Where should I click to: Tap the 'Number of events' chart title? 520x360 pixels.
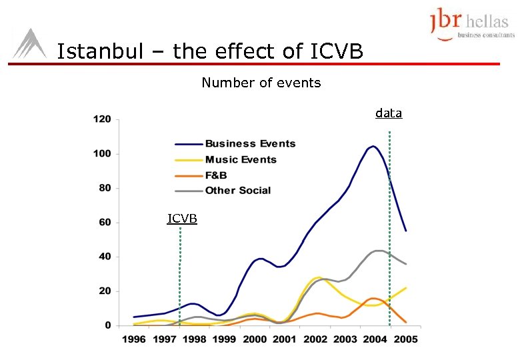click(261, 83)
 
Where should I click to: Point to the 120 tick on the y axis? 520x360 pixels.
click(101, 120)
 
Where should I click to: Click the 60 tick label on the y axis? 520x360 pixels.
click(104, 223)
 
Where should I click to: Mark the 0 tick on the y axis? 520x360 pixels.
click(107, 325)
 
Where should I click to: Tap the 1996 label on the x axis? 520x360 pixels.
click(134, 339)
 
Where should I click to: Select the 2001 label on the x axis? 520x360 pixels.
click(284, 339)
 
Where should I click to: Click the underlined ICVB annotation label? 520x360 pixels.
click(182, 218)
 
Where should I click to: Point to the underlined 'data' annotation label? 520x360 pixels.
click(389, 113)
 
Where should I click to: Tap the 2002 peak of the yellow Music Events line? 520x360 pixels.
click(318, 277)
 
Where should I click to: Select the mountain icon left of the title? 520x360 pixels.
click(29, 45)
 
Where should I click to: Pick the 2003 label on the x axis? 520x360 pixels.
click(345, 339)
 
